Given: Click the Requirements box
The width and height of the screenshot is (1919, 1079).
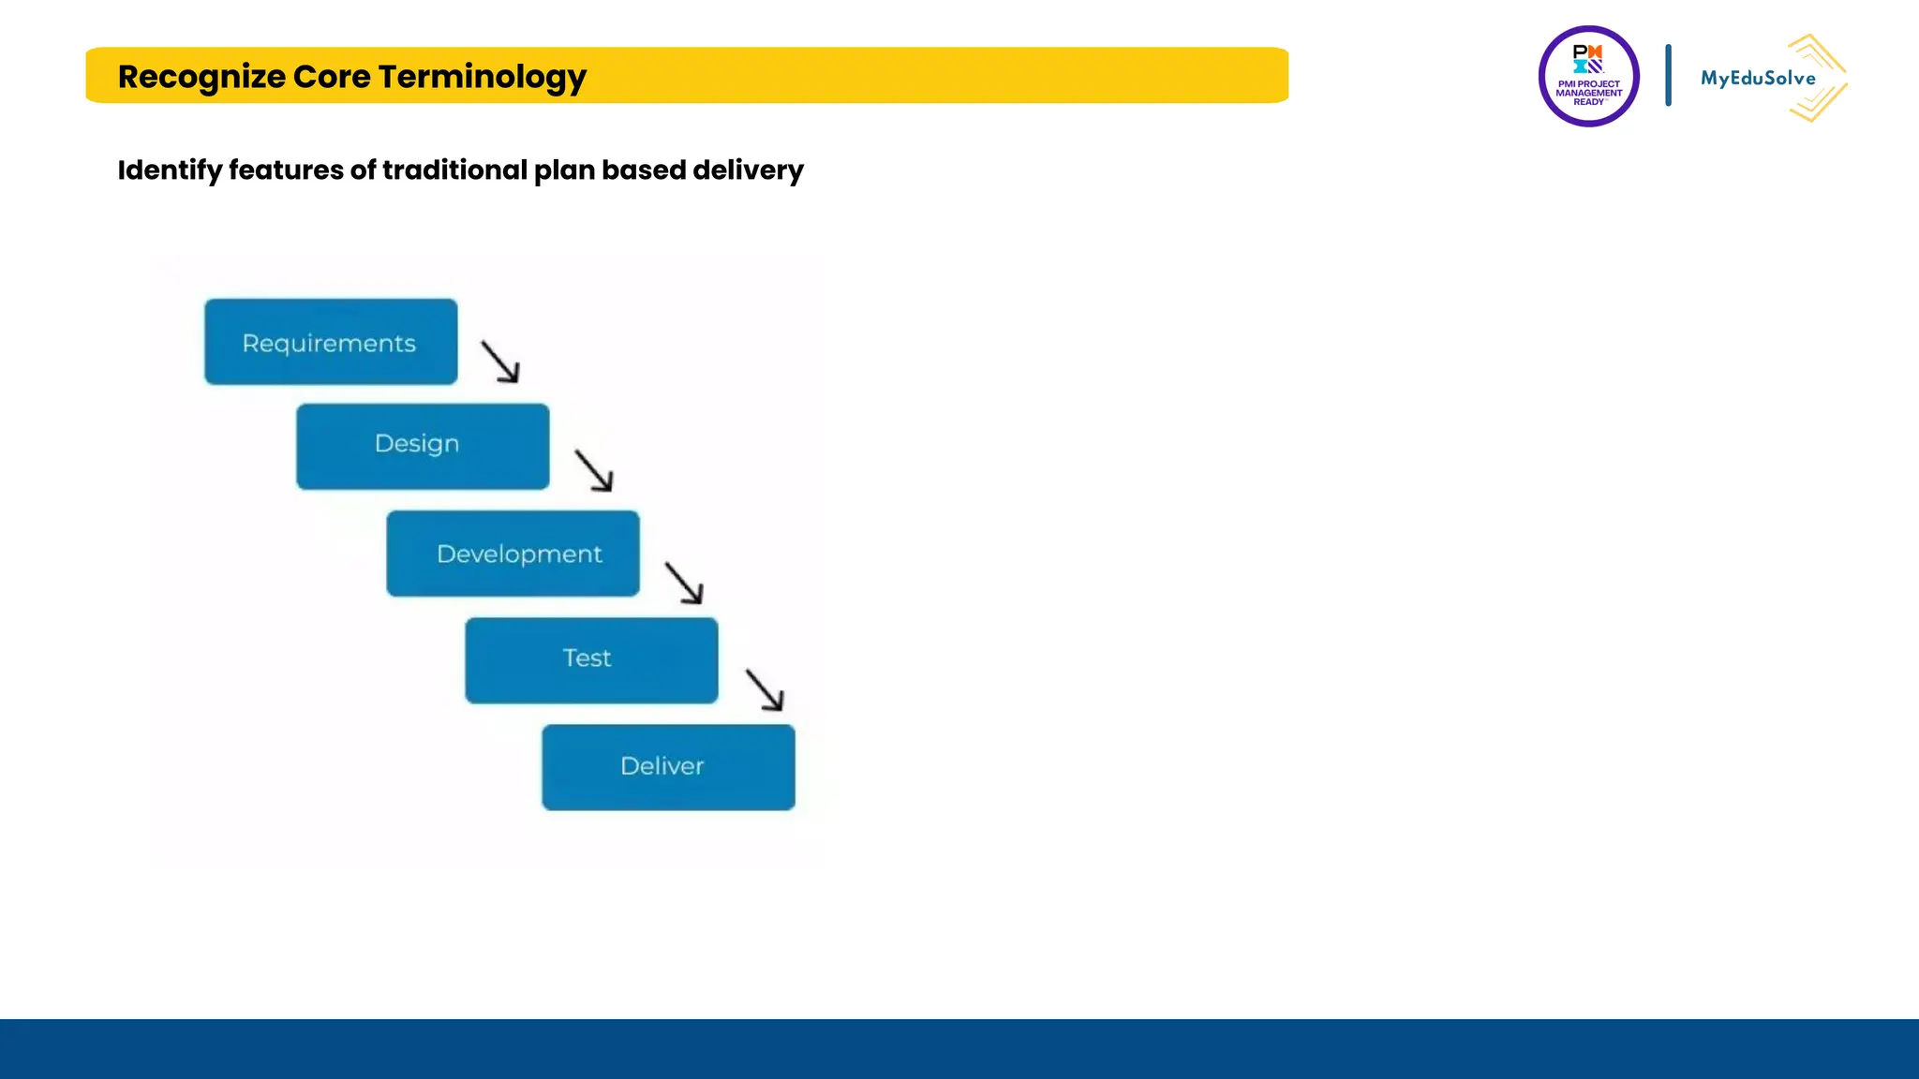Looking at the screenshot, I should [331, 342].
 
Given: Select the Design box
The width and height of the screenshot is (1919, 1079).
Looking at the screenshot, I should [423, 447].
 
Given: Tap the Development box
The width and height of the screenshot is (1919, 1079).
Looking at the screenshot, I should [513, 554].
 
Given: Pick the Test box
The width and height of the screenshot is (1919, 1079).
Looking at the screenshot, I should [591, 660].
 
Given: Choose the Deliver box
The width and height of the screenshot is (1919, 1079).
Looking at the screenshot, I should [668, 767].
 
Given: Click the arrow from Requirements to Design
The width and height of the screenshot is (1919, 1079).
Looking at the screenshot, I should [500, 362].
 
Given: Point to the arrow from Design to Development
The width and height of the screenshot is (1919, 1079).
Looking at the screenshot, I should [594, 470].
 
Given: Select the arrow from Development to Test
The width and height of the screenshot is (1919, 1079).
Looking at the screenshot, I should [684, 583].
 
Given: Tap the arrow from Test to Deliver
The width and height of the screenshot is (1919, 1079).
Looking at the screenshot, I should [765, 689].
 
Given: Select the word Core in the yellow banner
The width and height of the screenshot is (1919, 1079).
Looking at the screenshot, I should [332, 77].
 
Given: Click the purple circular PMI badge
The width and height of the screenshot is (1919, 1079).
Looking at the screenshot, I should [1588, 77].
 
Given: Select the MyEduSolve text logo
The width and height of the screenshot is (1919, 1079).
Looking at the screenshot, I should [1757, 79].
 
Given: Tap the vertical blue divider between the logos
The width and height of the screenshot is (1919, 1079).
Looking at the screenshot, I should [1668, 75].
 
